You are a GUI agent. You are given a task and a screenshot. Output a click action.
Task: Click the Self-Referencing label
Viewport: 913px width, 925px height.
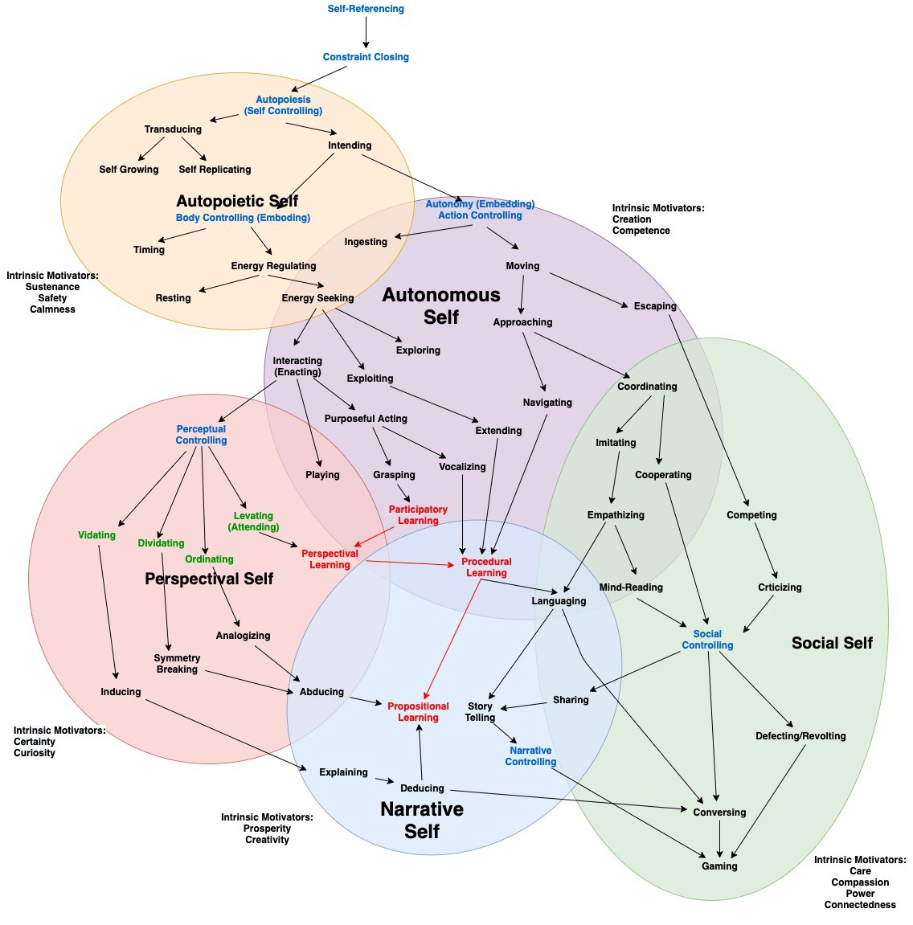(x=366, y=9)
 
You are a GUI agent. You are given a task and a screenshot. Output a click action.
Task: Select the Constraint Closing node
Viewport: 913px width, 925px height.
(x=366, y=57)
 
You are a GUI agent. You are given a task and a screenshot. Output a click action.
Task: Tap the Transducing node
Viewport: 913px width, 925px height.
(x=173, y=129)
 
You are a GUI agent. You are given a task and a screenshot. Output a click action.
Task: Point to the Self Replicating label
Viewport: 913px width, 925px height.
(x=215, y=170)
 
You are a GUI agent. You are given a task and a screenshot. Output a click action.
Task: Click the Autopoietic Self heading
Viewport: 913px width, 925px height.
(x=237, y=201)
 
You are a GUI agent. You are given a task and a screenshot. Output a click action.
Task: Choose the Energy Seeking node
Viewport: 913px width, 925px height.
(x=317, y=298)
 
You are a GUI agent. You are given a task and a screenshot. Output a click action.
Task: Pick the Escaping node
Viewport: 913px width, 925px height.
(x=655, y=306)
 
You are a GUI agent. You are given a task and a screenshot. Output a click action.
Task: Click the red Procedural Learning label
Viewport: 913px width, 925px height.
(x=486, y=567)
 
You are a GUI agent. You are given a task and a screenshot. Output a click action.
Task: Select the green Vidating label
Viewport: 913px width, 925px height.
(x=96, y=535)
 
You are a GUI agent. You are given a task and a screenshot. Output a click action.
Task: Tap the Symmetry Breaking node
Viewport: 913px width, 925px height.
(x=177, y=664)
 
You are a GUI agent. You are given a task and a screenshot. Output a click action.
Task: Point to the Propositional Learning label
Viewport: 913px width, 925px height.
(x=418, y=712)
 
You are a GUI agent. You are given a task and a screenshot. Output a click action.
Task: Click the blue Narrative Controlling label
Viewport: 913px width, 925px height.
(x=530, y=756)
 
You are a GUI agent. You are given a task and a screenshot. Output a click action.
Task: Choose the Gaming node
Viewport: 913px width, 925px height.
(x=719, y=866)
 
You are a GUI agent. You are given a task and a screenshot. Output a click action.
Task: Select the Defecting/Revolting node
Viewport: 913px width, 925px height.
(x=800, y=736)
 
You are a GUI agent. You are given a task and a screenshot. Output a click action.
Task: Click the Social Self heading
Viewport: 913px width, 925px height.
(x=832, y=643)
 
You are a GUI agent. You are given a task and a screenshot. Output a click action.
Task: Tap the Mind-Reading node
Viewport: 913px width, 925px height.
(x=631, y=587)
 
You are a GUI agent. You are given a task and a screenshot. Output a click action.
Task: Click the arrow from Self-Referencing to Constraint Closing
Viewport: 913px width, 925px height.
(x=366, y=33)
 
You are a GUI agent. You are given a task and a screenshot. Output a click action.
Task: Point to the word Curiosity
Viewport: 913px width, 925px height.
(x=35, y=753)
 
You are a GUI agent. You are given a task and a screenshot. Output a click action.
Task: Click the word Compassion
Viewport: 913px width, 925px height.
(x=860, y=882)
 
